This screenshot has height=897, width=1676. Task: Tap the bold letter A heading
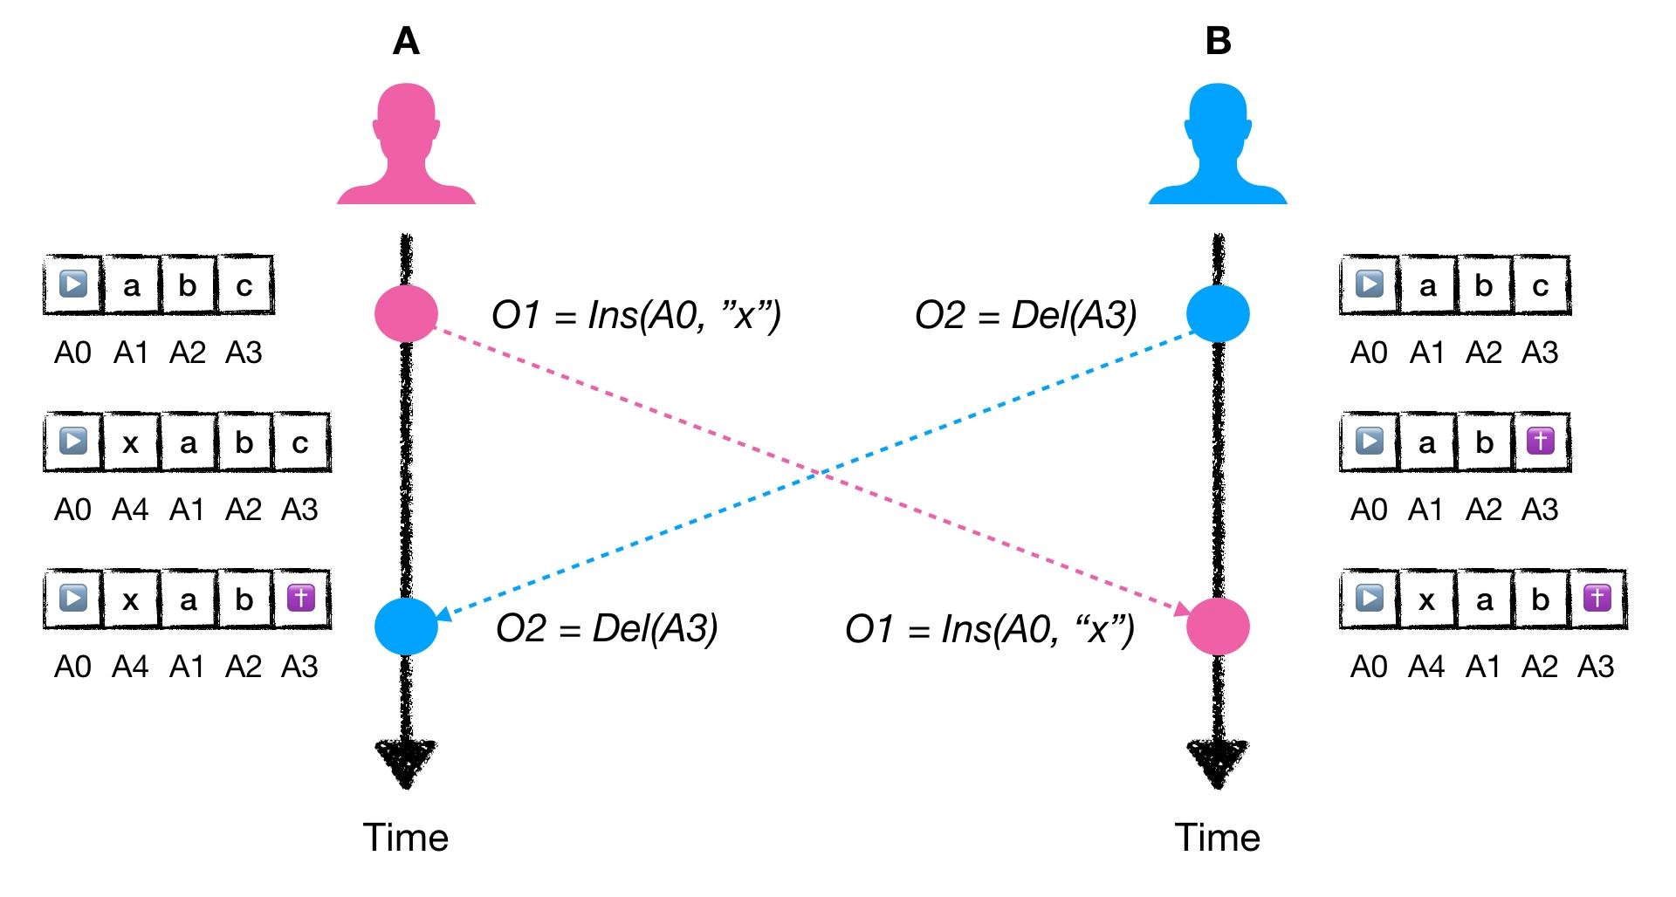point(406,40)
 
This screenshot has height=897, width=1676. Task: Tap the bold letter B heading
point(1218,40)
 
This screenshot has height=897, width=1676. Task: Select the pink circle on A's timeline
point(406,313)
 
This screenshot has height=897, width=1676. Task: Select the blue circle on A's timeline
point(406,627)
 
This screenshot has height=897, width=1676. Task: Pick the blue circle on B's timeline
point(1218,313)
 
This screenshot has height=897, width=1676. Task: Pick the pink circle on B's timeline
point(1218,627)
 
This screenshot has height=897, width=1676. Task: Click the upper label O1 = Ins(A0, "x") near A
point(635,314)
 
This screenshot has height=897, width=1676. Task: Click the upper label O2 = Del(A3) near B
point(1026,314)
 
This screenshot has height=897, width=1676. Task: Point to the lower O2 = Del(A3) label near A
point(607,628)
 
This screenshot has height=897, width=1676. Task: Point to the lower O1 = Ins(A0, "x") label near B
point(990,628)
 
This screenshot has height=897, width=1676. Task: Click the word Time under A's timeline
point(406,838)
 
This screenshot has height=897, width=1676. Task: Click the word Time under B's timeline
point(1218,838)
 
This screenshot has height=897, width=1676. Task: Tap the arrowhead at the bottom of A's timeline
point(406,763)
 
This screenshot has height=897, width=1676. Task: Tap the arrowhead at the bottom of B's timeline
point(1218,763)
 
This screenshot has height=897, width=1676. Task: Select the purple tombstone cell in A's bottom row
point(300,599)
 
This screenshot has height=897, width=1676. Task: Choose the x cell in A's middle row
point(131,442)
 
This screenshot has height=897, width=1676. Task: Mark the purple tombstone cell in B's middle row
point(1541,442)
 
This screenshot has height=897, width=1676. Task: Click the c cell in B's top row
point(1541,285)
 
